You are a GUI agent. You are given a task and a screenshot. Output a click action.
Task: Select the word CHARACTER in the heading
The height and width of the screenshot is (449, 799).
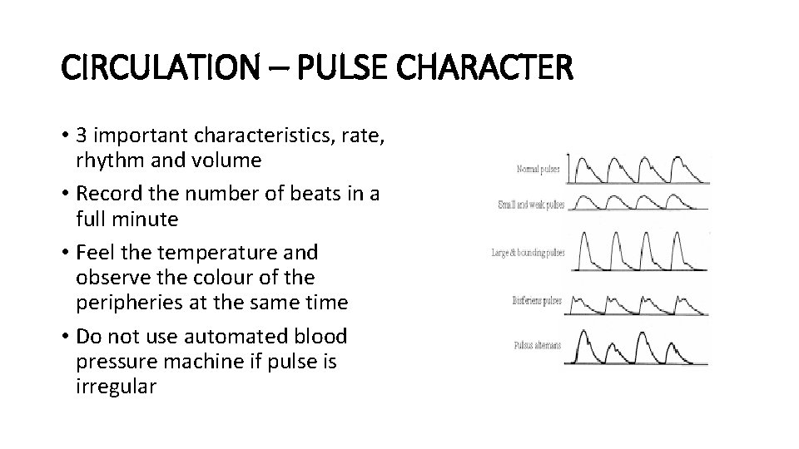(x=491, y=67)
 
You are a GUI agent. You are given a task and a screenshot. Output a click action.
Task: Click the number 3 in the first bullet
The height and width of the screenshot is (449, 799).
(x=81, y=136)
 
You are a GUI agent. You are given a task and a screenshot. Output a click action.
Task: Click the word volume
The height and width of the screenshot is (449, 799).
(x=228, y=160)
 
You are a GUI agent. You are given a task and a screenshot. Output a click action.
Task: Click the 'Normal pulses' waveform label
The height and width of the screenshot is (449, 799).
(x=538, y=170)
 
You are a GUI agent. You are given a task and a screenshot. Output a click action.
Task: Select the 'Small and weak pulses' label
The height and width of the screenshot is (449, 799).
(x=530, y=204)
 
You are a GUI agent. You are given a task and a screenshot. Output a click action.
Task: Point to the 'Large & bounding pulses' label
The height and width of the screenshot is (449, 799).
(x=528, y=252)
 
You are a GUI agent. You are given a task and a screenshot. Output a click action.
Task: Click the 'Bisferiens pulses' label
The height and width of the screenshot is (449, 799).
(x=537, y=300)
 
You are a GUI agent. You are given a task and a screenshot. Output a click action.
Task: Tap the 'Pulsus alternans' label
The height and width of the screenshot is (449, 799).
(x=537, y=345)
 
